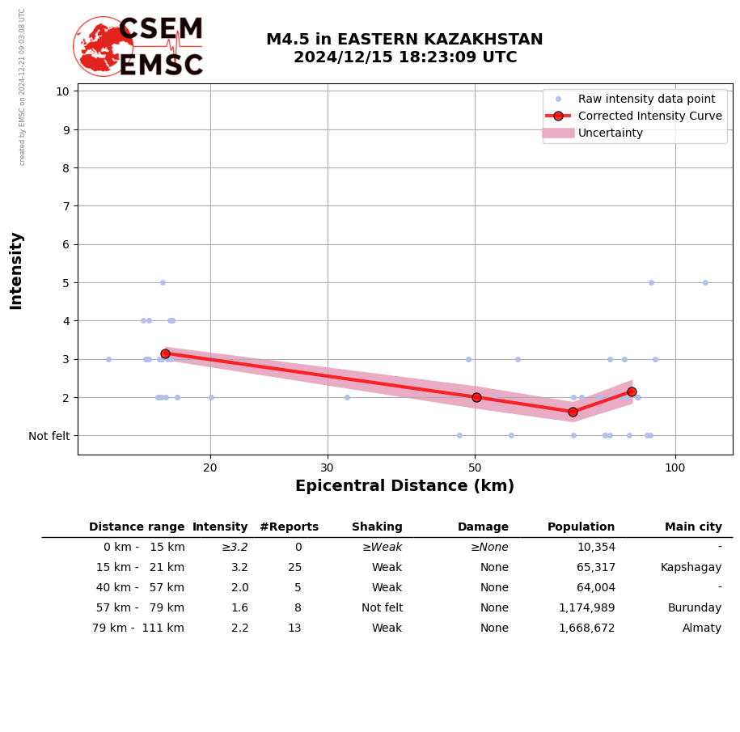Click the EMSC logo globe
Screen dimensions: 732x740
tap(103, 47)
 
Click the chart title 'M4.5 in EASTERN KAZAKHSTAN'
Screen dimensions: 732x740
tap(404, 40)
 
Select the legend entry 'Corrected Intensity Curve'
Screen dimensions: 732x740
tap(649, 116)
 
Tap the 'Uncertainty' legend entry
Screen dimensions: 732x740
tap(610, 133)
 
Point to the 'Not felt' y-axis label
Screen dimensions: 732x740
tap(49, 436)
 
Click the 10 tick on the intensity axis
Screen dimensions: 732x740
tap(62, 91)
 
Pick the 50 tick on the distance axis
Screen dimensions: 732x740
tap(476, 468)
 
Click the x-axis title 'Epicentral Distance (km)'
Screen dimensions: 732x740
tap(404, 486)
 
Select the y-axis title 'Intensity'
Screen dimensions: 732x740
tap(16, 270)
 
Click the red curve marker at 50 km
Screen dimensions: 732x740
tap(476, 397)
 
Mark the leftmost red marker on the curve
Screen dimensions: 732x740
tap(165, 353)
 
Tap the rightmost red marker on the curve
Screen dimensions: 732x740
tap(632, 391)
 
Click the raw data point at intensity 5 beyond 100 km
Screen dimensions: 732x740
tap(705, 282)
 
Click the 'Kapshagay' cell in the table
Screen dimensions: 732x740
tap(690, 568)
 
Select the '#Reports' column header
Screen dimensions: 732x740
tap(289, 527)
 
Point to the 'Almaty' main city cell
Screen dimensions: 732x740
tap(701, 628)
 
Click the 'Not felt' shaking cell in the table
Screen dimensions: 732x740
tap(382, 608)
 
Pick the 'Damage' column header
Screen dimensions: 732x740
tap(483, 527)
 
